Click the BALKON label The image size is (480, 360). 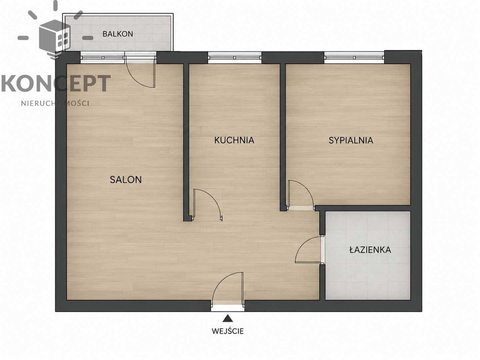[117, 33]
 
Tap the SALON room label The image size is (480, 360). [126, 179]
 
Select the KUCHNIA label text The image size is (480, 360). [234, 140]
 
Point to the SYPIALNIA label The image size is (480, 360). [351, 140]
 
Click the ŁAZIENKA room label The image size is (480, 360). [370, 250]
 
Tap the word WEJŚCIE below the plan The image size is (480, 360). [228, 331]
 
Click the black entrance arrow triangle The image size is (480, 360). [227, 318]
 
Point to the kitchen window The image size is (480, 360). [235, 58]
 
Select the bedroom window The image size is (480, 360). [354, 58]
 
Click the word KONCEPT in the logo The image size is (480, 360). [56, 83]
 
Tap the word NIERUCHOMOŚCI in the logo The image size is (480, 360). [55, 103]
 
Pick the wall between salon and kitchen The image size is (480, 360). [186, 142]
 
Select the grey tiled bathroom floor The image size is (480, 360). [368, 256]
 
